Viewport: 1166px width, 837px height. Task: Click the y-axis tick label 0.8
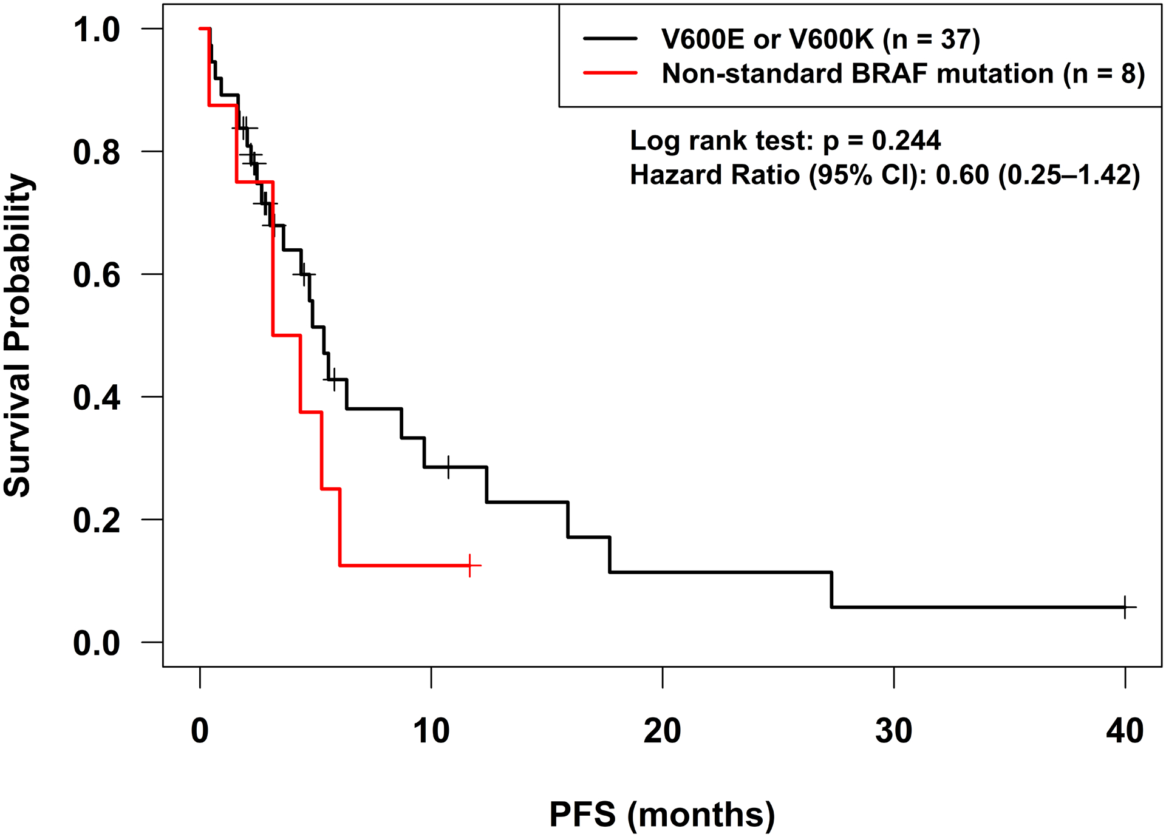pos(97,152)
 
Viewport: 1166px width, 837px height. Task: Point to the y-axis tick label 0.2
pos(97,521)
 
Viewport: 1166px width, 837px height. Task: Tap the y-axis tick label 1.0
pos(97,30)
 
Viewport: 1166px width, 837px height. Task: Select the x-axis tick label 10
pos(431,731)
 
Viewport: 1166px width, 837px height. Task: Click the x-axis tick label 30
pos(893,731)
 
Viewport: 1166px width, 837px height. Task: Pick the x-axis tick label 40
pos(1125,731)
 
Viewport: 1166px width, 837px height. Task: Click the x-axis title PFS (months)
pos(662,815)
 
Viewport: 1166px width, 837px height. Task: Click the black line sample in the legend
pos(610,39)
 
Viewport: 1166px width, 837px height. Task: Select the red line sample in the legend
pos(610,73)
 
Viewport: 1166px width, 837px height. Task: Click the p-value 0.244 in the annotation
pos(906,141)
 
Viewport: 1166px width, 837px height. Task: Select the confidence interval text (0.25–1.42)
pos(1069,175)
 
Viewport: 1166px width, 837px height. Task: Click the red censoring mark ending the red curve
pos(470,565)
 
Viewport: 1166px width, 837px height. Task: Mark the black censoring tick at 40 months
pos(1125,607)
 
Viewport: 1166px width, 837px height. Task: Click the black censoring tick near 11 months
pos(448,467)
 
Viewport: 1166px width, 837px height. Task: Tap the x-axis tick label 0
pos(200,731)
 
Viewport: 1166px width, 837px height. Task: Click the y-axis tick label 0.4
pos(97,398)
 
